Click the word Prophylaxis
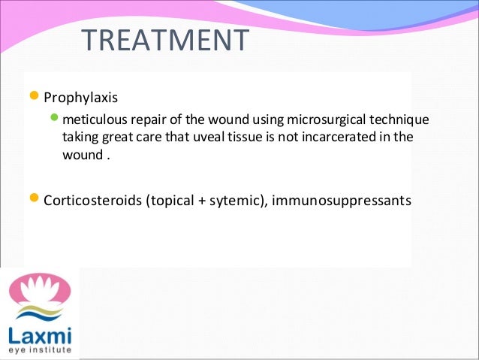click(79, 98)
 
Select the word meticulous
click(92, 119)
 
